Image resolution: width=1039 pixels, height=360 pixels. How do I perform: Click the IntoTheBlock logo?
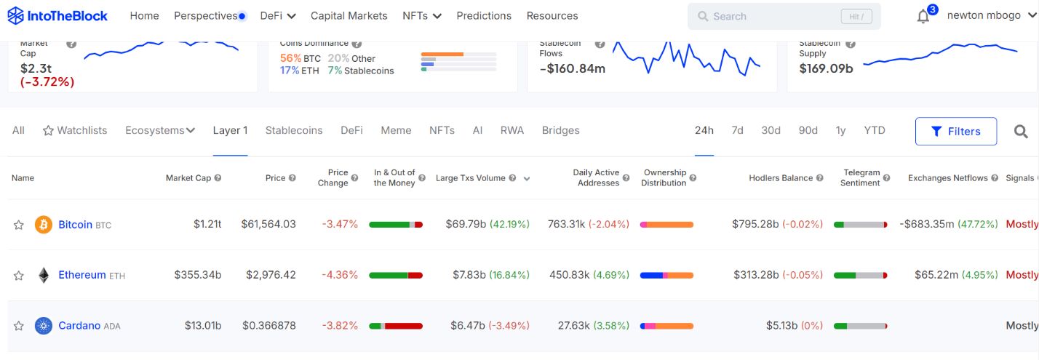[x=57, y=15]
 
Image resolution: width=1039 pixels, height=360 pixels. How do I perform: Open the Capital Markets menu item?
[x=349, y=16]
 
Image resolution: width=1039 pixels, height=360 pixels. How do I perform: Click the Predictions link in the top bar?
[x=484, y=16]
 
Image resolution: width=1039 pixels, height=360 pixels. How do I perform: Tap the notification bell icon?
[x=923, y=17]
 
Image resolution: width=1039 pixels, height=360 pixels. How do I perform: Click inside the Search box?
[x=771, y=16]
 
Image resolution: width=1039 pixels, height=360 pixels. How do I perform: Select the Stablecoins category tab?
[x=294, y=131]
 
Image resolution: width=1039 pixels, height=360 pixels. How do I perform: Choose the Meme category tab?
[x=396, y=131]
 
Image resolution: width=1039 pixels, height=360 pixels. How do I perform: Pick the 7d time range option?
[x=737, y=131]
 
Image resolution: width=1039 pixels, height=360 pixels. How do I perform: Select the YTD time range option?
[x=875, y=131]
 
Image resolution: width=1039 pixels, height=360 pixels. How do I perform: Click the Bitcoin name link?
[x=75, y=225]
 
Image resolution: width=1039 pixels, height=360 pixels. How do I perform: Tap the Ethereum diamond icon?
[x=44, y=275]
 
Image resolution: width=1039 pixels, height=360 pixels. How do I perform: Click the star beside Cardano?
[x=19, y=326]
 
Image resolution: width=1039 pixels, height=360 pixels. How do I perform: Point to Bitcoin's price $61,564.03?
[x=268, y=224]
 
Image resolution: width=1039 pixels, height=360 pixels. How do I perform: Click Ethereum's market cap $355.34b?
[x=198, y=275]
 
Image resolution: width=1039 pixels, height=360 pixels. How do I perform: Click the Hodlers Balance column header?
[x=781, y=178]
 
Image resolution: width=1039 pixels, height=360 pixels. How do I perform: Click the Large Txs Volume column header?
[x=470, y=178]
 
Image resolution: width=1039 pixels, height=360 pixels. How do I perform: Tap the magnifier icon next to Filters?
[x=1021, y=132]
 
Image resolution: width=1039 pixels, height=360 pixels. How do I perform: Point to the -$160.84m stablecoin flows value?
[x=573, y=69]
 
